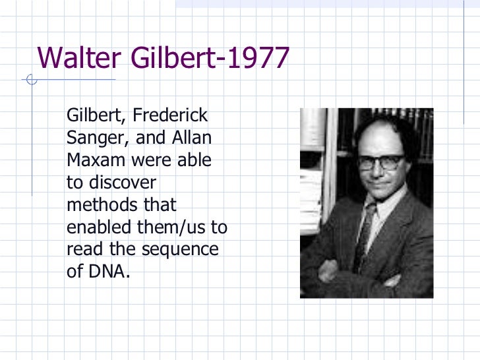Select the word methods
[100, 204]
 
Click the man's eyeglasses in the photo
[380, 162]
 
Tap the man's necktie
[365, 234]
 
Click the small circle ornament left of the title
[30, 81]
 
